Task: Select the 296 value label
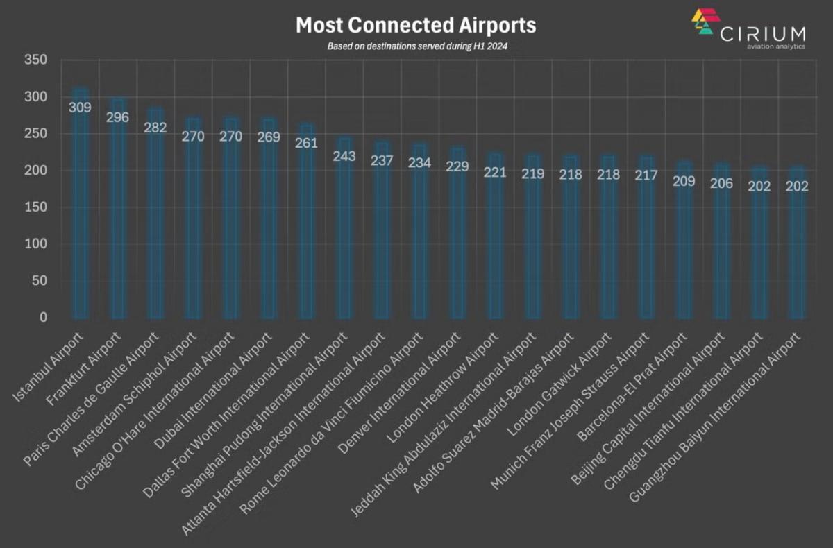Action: point(118,117)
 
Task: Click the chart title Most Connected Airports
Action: point(416,26)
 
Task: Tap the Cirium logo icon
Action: point(705,22)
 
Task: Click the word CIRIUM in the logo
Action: point(763,33)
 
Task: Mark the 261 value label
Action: point(306,143)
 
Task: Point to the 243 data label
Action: point(344,156)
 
